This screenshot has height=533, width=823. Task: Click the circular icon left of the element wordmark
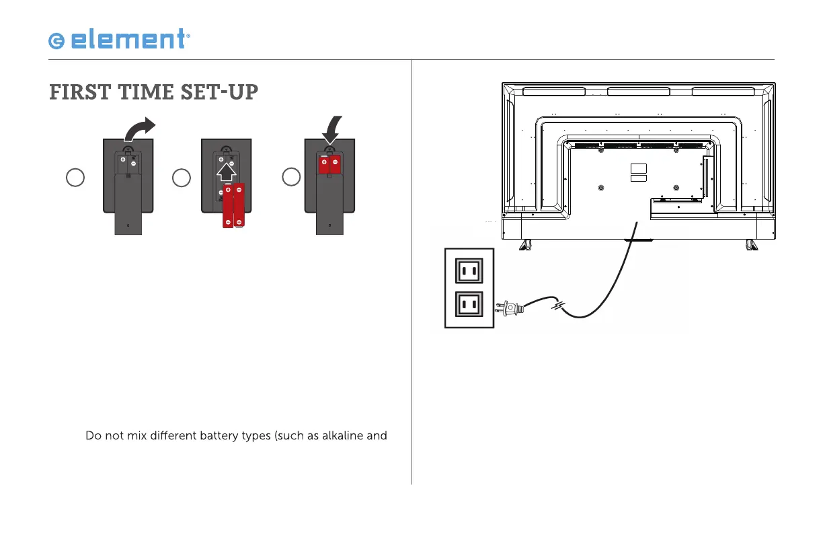click(56, 42)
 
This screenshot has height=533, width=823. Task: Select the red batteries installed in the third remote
click(329, 164)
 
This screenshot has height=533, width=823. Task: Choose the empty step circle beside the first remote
click(75, 178)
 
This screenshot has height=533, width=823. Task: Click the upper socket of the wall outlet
click(469, 271)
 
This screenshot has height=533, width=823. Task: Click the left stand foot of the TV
click(522, 244)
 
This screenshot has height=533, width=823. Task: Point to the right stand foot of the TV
click(749, 244)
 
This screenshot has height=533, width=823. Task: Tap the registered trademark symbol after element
click(188, 38)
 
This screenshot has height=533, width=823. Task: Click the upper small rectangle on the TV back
click(639, 167)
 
